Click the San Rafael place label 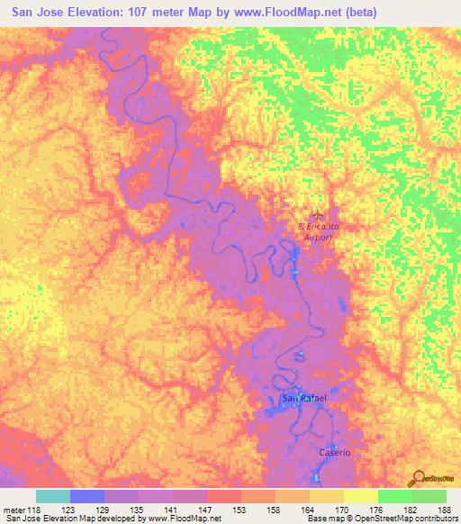click(303, 398)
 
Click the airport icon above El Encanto click(316, 214)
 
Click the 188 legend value click(439, 510)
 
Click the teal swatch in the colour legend click(53, 496)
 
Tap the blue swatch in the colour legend click(87, 496)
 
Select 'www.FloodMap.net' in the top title click(280, 12)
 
